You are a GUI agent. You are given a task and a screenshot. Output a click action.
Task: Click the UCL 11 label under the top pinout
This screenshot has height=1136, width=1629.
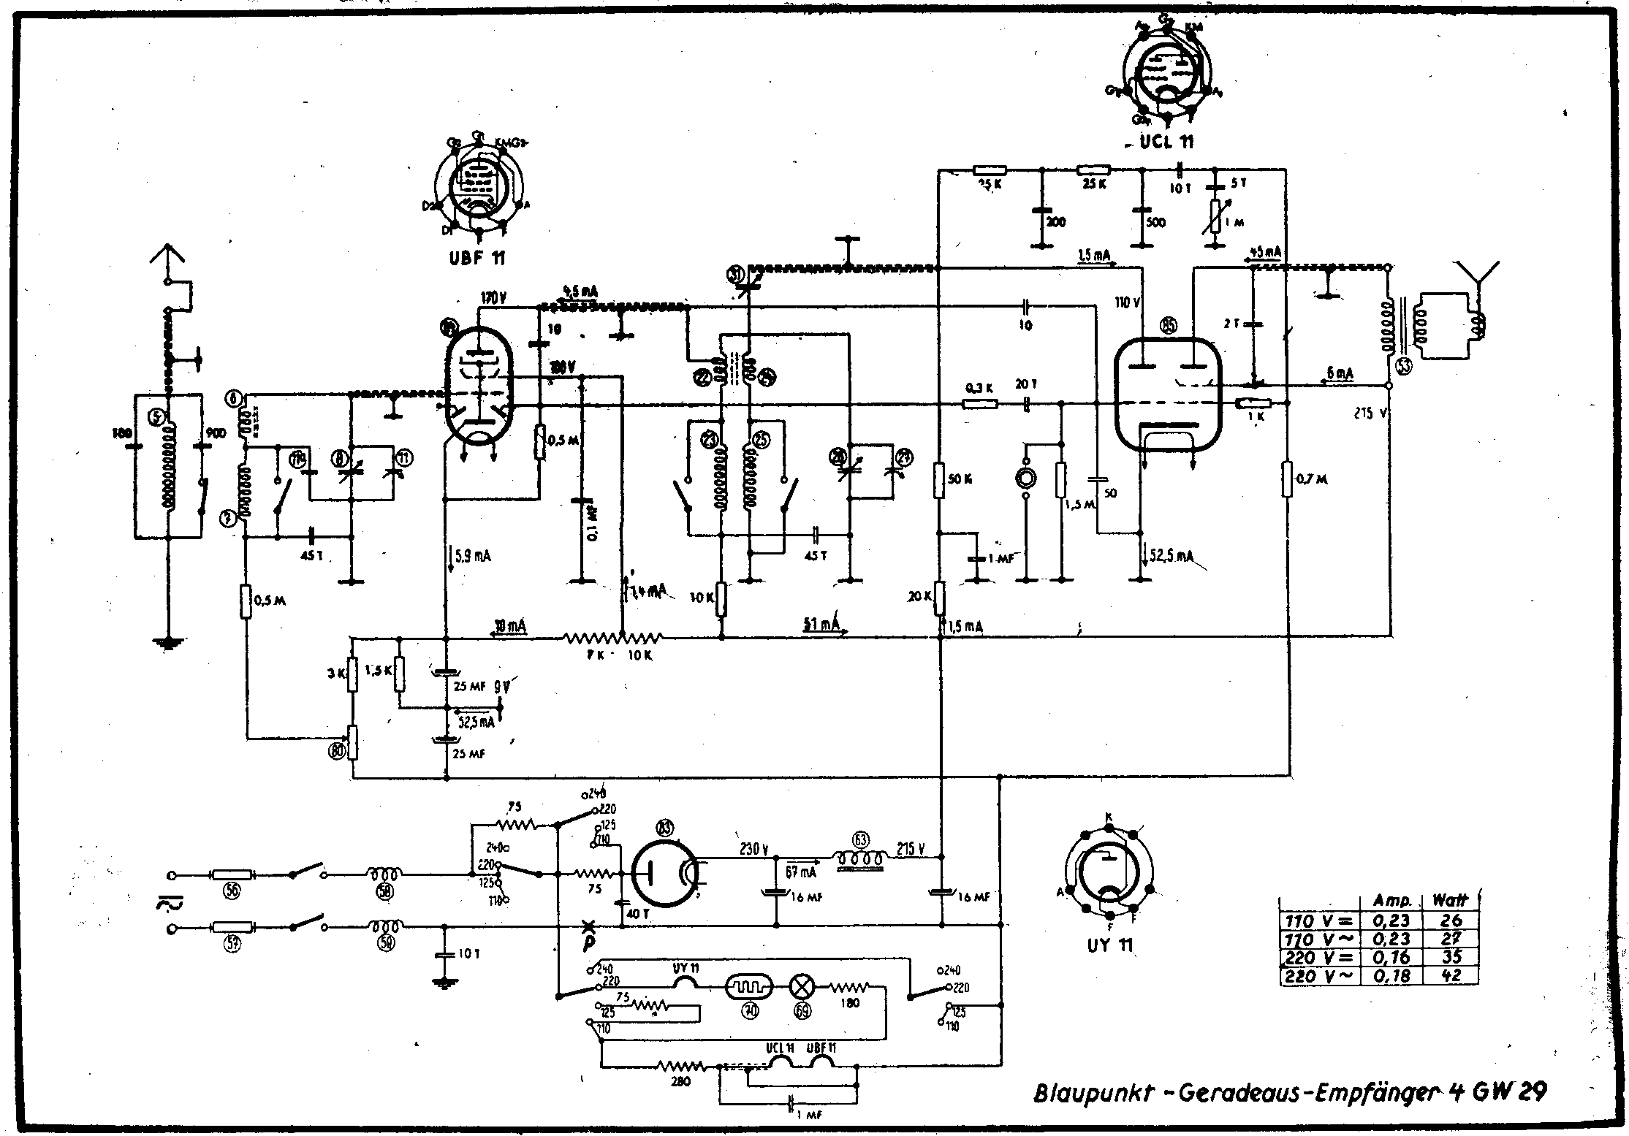point(1166,142)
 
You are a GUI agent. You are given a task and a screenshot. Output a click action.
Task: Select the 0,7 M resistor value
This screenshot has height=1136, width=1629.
point(1312,479)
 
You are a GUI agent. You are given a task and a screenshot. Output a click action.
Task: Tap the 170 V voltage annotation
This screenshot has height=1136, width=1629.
point(494,298)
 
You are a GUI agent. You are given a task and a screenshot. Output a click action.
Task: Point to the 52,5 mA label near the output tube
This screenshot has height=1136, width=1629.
point(1172,557)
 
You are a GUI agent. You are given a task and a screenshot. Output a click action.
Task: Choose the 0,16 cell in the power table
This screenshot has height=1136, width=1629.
point(1391,958)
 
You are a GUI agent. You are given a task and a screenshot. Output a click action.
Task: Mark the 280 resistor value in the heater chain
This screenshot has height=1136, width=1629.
point(680,1082)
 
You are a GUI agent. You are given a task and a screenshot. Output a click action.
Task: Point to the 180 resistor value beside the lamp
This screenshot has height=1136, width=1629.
point(849,1003)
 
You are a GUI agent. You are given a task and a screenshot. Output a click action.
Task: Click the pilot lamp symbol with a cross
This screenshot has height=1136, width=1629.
point(802,988)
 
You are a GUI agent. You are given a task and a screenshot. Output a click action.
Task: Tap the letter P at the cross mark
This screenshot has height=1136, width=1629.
point(588,943)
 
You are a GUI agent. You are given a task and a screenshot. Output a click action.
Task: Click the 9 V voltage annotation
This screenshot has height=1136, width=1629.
point(502,687)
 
